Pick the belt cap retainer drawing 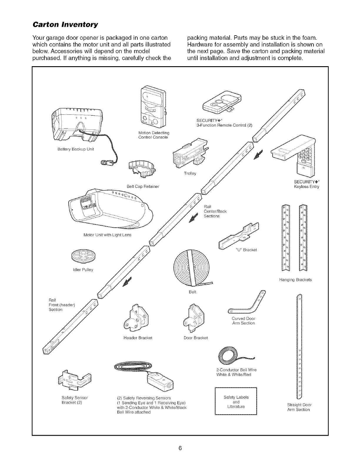click(141, 169)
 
